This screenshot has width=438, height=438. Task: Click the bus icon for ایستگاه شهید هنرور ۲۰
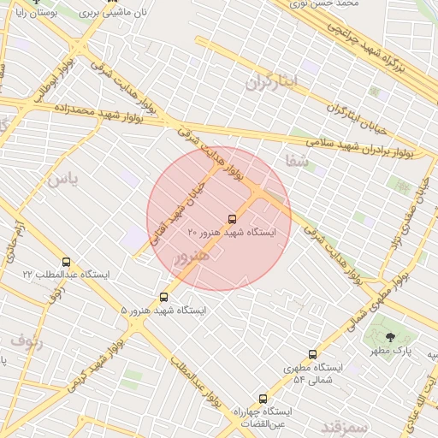[233, 218]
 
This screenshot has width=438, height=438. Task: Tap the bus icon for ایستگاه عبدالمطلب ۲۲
[67, 262]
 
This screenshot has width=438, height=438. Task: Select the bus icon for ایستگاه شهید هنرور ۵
[164, 297]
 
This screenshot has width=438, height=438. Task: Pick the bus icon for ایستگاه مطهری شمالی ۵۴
[312, 354]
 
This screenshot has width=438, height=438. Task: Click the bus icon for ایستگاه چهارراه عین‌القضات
[263, 399]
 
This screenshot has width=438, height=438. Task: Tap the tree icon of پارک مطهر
[393, 338]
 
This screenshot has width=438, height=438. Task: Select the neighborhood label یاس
[62, 179]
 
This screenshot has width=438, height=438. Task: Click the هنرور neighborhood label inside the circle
[191, 256]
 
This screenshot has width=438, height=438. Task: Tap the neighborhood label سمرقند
[344, 425]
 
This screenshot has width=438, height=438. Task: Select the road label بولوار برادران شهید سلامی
[360, 144]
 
